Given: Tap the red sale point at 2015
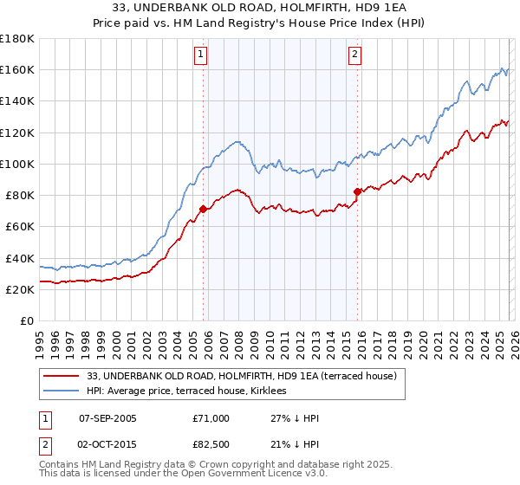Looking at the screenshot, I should (x=357, y=191).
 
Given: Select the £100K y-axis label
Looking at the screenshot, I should (x=17, y=164).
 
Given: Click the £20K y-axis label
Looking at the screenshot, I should (x=20, y=289).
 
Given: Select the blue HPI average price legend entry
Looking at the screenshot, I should (x=192, y=391).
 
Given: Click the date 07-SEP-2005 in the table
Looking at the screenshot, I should (x=107, y=418).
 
